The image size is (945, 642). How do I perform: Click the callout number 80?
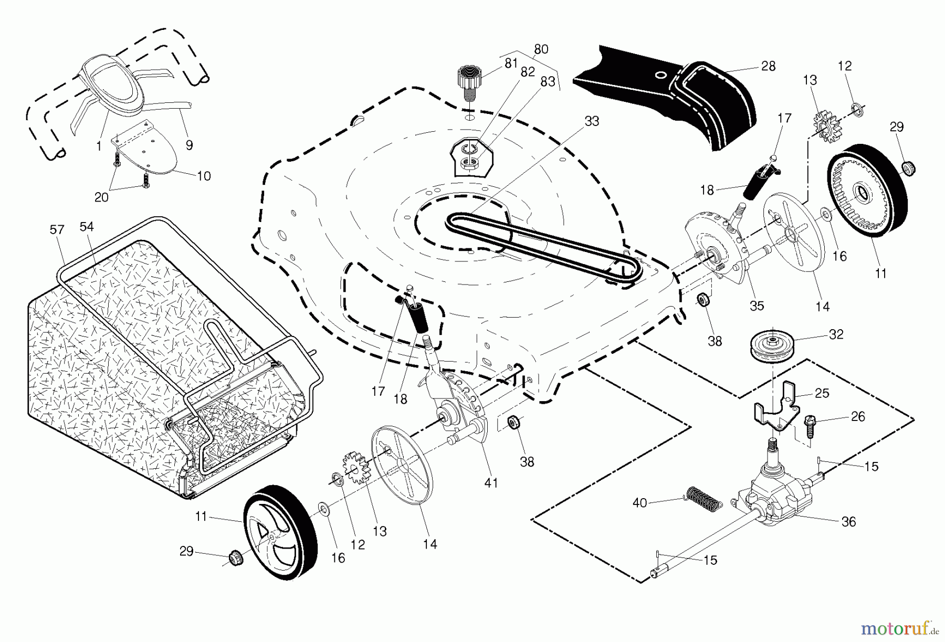coord(541,49)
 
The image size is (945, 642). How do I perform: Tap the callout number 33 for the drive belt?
coord(592,121)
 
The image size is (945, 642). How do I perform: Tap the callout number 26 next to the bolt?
coord(858,416)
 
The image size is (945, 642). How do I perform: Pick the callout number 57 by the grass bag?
coord(57,229)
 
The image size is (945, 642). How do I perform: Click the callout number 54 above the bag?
coord(87,226)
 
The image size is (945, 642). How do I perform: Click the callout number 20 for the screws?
coord(101,197)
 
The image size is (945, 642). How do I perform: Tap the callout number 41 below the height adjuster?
coord(491,482)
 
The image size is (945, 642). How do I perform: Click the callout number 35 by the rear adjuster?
coord(757,306)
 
